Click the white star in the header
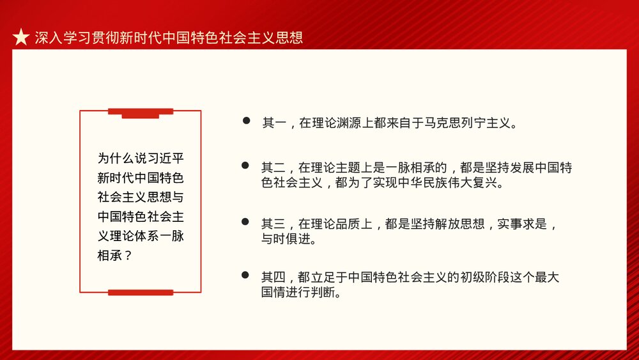click(x=21, y=38)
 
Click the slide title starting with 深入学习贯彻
click(x=169, y=38)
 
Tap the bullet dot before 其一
click(x=245, y=121)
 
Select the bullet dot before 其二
click(x=245, y=166)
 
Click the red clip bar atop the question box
click(x=141, y=113)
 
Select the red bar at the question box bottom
click(x=141, y=292)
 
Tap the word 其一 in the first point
click(x=272, y=123)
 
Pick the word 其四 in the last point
click(x=272, y=278)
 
